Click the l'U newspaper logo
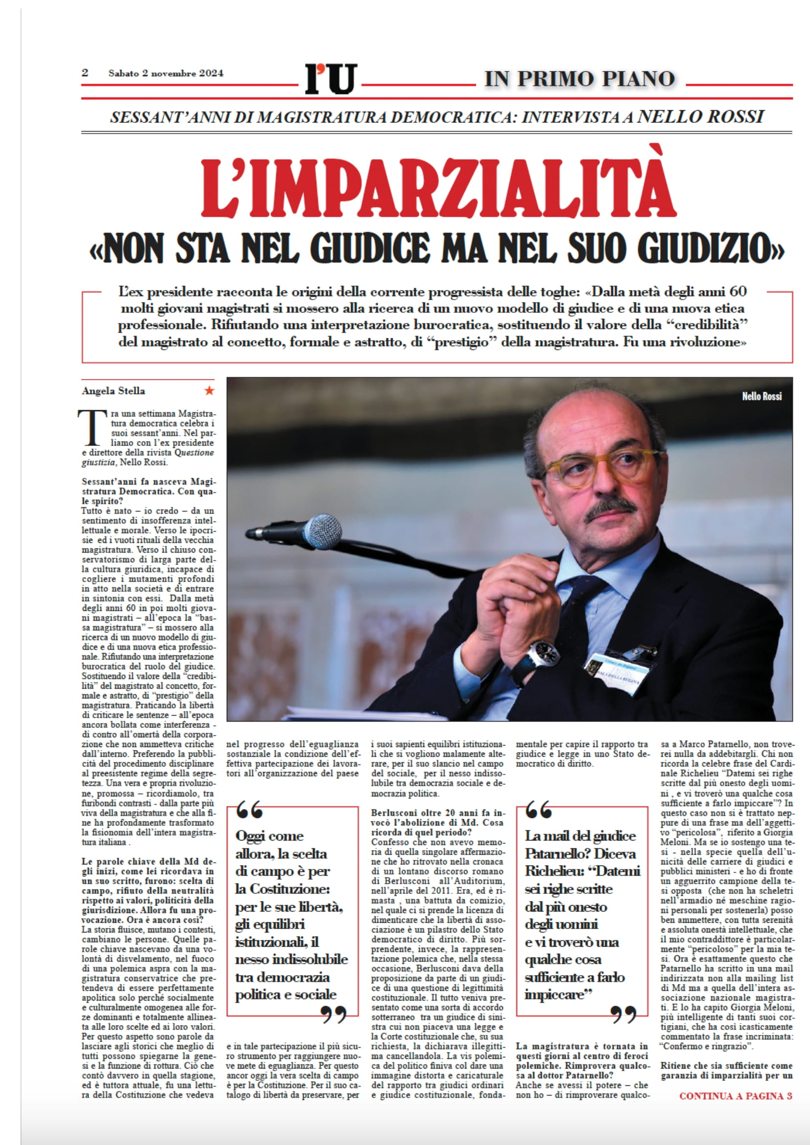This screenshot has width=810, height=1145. coord(331,78)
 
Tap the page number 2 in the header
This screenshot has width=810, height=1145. coord(85,73)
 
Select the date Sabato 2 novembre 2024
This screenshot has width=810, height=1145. coord(166,73)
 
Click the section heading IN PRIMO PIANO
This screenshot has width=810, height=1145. coord(579,79)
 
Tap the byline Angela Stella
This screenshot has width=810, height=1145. coord(113,391)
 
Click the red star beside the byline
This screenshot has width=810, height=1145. coord(210,391)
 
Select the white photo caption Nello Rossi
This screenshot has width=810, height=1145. coord(761,397)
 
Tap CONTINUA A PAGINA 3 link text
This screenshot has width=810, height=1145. coord(735,1096)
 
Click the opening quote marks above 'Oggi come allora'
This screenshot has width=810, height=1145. coord(249,810)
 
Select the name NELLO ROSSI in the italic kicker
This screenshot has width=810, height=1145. coord(701,117)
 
